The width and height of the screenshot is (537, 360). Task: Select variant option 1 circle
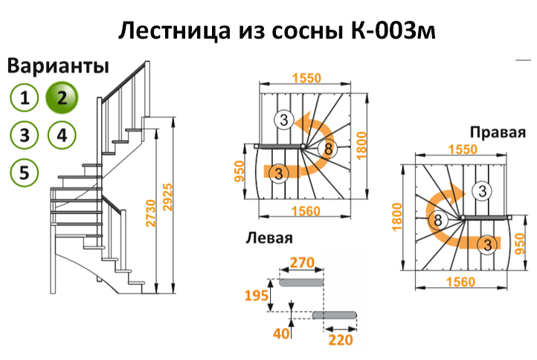tap(25, 97)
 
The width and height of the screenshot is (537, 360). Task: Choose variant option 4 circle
tap(61, 135)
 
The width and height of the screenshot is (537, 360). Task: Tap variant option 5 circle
tap(25, 173)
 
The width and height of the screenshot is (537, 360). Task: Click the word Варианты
tap(59, 65)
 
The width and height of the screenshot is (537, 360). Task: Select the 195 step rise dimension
tap(257, 297)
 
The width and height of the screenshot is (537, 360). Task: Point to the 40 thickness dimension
tap(280, 335)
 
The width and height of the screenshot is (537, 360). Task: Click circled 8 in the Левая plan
tap(328, 148)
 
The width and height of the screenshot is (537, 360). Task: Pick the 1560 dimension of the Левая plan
tap(305, 211)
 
